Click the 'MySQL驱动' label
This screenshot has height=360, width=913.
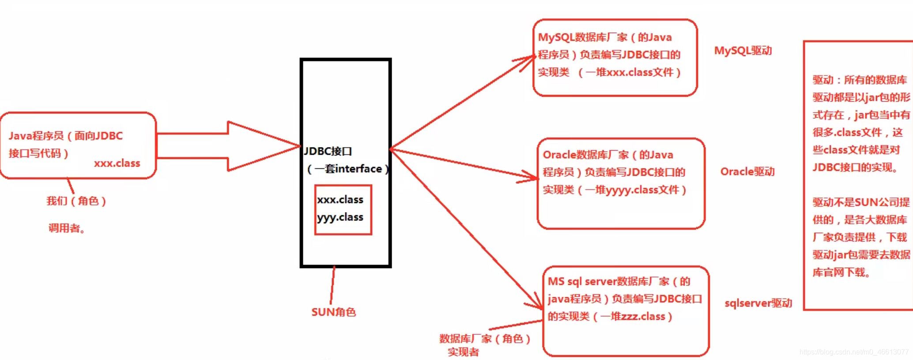click(x=743, y=51)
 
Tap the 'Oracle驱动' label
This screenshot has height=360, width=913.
click(x=747, y=171)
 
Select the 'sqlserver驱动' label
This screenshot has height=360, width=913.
click(x=758, y=303)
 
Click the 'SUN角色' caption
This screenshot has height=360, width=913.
click(x=333, y=312)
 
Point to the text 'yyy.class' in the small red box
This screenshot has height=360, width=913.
click(x=340, y=217)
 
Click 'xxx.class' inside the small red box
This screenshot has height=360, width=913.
click(x=340, y=200)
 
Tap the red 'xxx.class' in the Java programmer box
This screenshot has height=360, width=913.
click(x=117, y=163)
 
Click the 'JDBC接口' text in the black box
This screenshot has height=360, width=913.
click(x=328, y=152)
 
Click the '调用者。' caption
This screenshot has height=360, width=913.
click(x=67, y=228)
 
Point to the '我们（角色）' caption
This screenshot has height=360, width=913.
click(x=76, y=201)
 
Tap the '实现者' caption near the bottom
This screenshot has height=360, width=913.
click(x=463, y=352)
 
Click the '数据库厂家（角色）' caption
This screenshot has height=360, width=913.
click(x=485, y=339)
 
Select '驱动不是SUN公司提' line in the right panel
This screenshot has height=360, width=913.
click(x=861, y=202)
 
